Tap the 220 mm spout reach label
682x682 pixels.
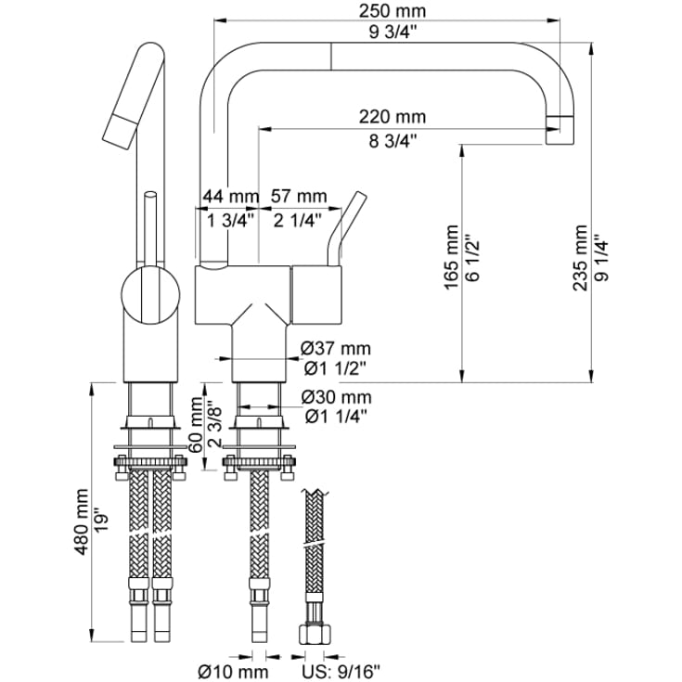[x=392, y=117]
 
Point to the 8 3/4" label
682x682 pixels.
[x=392, y=141]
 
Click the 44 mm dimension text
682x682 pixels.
[x=230, y=196]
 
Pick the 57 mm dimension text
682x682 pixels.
[x=298, y=196]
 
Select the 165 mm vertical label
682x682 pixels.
[x=452, y=255]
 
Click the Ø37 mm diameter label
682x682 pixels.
[x=336, y=349]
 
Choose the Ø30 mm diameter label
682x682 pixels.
[x=336, y=398]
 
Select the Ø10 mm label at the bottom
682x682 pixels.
[x=233, y=670]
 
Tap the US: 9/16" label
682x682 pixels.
[x=341, y=670]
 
